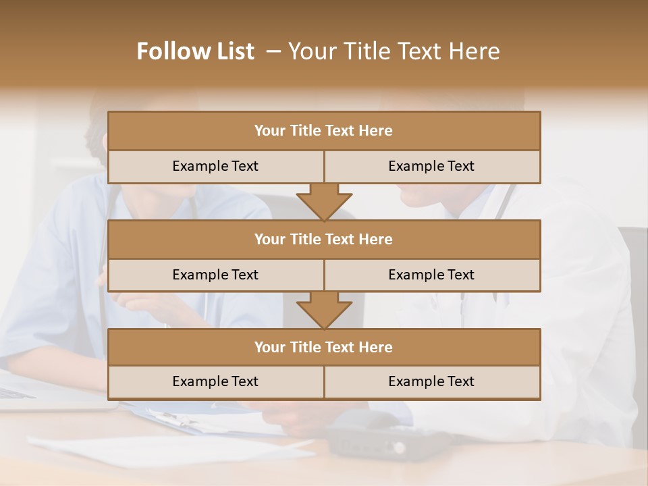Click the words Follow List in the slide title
(x=195, y=51)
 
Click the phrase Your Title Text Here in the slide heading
(x=394, y=51)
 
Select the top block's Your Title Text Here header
(x=323, y=130)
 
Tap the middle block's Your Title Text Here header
(x=323, y=239)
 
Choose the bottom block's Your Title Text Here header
(x=323, y=347)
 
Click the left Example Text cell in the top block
(x=215, y=166)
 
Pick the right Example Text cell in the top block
(x=431, y=166)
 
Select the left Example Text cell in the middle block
(x=215, y=275)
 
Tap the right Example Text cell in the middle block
(x=431, y=275)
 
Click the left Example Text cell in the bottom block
(x=215, y=381)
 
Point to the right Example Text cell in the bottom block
(x=431, y=381)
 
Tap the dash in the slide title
(x=273, y=51)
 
